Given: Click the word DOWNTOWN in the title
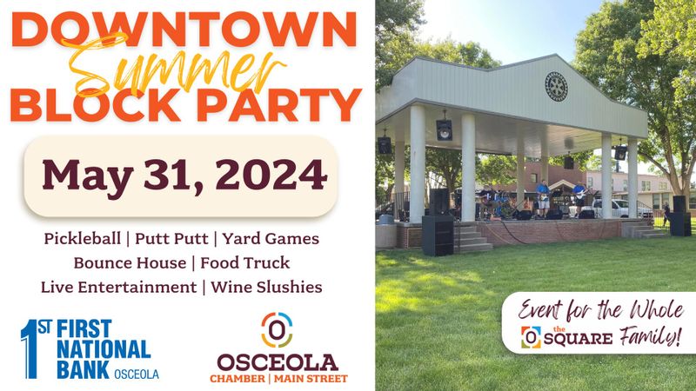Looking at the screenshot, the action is click(x=184, y=30).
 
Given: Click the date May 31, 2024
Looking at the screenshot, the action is click(x=184, y=176).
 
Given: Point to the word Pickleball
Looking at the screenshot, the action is click(x=82, y=239).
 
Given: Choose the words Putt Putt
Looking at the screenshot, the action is click(x=171, y=238).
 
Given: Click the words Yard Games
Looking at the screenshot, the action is click(x=271, y=238).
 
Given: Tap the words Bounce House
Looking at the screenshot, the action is click(x=130, y=263).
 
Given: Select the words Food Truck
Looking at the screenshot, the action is click(x=245, y=263).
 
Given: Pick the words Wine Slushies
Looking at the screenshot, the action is click(x=266, y=287).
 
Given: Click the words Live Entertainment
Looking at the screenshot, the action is click(x=118, y=287).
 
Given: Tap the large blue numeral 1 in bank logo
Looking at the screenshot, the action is click(x=30, y=349).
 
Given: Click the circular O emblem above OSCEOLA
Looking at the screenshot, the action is click(x=277, y=330).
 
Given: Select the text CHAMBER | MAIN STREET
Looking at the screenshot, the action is click(x=278, y=379).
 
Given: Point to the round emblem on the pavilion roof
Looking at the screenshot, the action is click(x=556, y=86).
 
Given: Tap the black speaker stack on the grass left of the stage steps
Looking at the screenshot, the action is click(x=438, y=235).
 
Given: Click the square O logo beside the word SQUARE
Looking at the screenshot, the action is click(x=531, y=337).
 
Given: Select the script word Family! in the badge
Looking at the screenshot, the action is click(x=650, y=336).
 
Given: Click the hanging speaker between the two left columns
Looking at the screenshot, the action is click(x=444, y=129).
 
